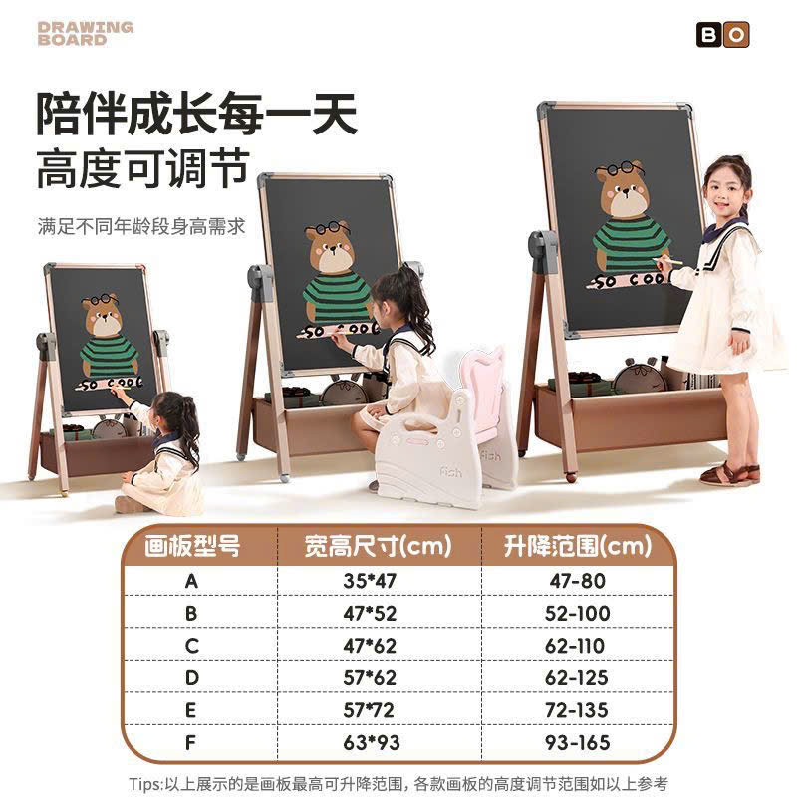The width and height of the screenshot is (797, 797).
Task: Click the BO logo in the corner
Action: point(721,35)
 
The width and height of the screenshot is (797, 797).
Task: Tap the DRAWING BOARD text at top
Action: point(86,33)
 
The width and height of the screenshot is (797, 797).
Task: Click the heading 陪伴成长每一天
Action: point(196,115)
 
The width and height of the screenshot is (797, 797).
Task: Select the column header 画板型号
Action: point(191,545)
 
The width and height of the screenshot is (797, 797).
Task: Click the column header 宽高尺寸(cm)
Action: point(378,545)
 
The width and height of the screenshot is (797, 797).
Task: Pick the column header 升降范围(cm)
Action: point(577,545)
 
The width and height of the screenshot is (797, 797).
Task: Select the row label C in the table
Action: point(191,646)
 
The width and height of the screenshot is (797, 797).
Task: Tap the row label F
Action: point(191,743)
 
